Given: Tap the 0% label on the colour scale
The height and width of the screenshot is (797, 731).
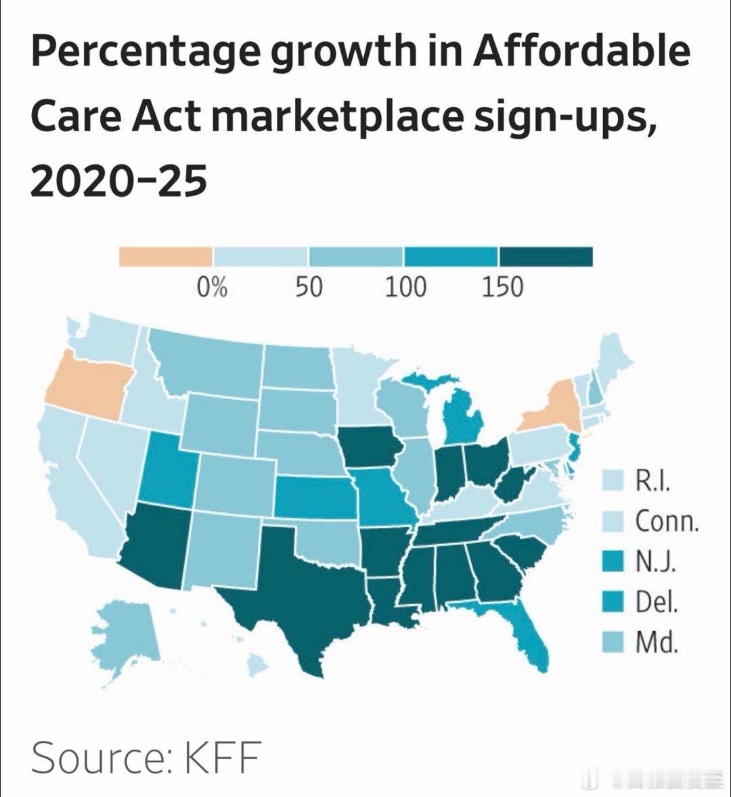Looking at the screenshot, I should (212, 288).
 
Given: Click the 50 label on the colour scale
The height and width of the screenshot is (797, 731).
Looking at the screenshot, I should (309, 288).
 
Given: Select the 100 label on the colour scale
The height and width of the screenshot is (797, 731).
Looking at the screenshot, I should (405, 288).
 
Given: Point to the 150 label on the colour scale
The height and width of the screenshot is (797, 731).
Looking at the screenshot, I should (502, 288).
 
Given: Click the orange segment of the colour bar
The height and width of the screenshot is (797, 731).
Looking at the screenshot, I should (165, 257).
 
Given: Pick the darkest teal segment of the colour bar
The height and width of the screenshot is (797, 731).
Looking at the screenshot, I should (546, 257).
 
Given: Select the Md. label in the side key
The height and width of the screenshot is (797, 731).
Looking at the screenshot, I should (656, 642).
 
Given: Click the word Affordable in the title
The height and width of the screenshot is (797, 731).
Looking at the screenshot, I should (581, 53).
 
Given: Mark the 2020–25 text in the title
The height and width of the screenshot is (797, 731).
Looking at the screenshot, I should (118, 182).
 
